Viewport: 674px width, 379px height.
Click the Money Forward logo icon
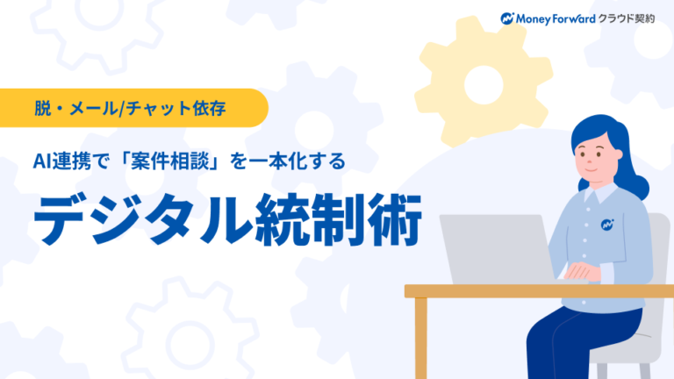click(507, 18)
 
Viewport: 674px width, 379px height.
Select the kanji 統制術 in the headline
click(334, 218)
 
